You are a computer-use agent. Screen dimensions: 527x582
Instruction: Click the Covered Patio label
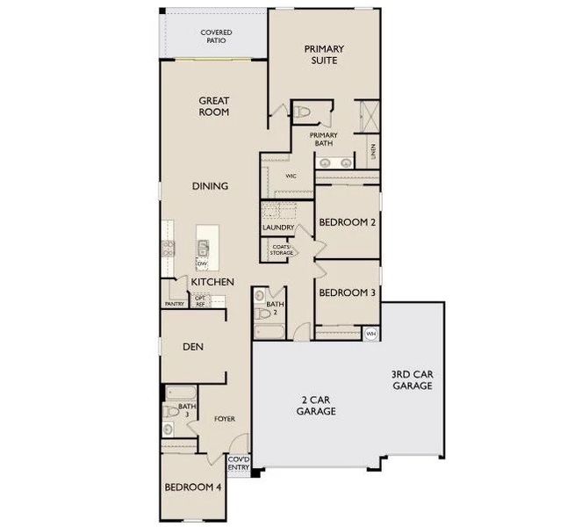click(x=215, y=36)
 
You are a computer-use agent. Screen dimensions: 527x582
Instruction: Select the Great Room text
click(x=213, y=106)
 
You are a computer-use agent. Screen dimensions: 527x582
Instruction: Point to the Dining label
click(x=212, y=186)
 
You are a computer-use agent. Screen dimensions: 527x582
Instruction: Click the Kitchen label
click(x=212, y=282)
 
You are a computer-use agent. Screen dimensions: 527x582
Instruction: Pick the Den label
click(x=193, y=347)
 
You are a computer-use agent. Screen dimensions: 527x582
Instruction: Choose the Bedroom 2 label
click(x=347, y=223)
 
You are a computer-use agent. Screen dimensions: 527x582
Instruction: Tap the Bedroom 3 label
click(x=347, y=292)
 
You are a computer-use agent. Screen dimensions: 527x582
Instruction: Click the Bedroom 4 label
click(x=194, y=487)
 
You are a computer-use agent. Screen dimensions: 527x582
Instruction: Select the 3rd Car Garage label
click(x=412, y=379)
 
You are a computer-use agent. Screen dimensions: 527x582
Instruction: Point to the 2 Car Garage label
click(x=316, y=405)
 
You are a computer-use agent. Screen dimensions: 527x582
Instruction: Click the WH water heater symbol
click(x=370, y=334)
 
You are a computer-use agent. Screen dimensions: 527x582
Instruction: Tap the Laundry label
click(x=277, y=228)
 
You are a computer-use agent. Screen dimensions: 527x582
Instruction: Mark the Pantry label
click(x=174, y=304)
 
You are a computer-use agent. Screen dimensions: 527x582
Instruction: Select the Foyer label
click(x=226, y=419)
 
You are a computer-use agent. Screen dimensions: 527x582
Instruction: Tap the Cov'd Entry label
click(x=238, y=463)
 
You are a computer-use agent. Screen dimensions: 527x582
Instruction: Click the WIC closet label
click(x=291, y=176)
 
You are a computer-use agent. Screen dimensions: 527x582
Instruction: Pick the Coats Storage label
click(x=282, y=250)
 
